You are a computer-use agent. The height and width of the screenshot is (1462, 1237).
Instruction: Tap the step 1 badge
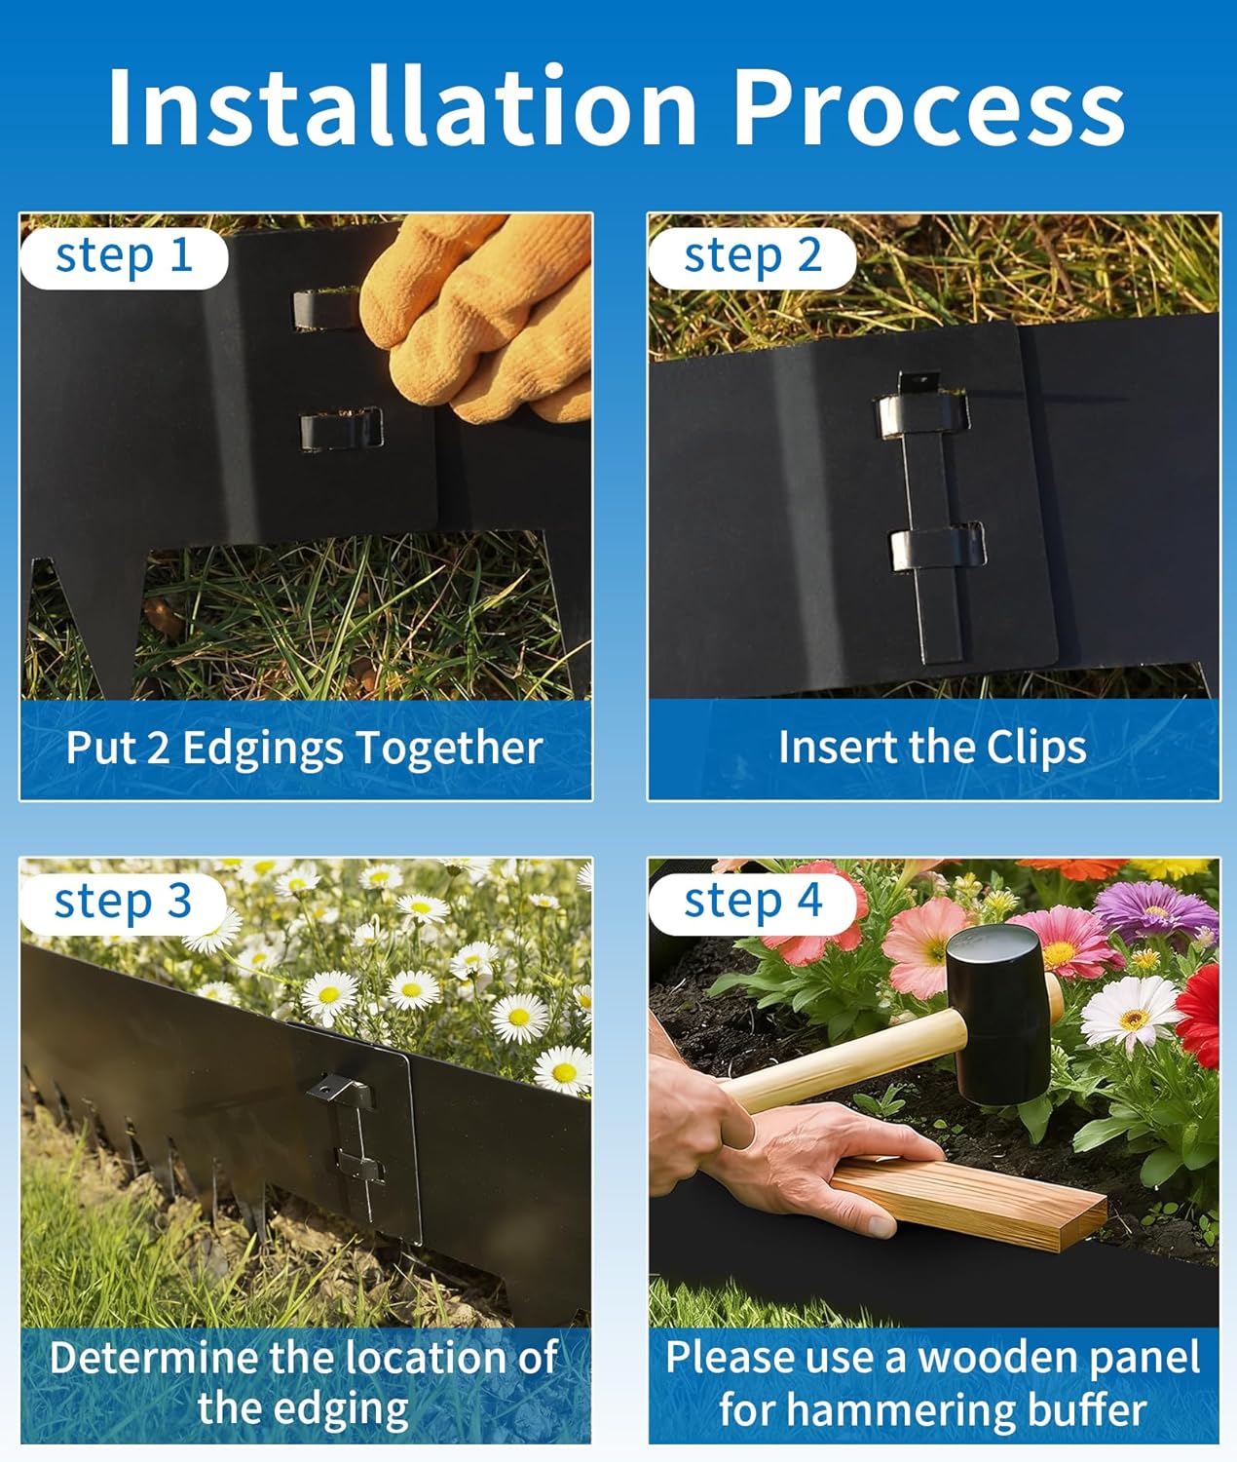(x=124, y=256)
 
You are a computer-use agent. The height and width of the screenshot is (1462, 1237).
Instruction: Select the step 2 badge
(x=752, y=256)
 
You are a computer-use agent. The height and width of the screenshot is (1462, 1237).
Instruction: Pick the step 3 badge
(x=123, y=902)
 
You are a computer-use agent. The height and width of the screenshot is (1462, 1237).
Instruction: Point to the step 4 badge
(x=752, y=902)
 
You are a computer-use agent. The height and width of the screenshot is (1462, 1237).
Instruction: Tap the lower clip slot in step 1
(x=340, y=429)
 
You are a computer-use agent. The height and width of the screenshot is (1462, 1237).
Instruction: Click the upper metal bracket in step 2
(x=921, y=414)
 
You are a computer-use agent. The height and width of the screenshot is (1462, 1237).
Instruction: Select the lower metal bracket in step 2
(x=936, y=549)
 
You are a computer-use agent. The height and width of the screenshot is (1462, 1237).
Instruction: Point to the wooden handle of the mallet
(x=838, y=1062)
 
